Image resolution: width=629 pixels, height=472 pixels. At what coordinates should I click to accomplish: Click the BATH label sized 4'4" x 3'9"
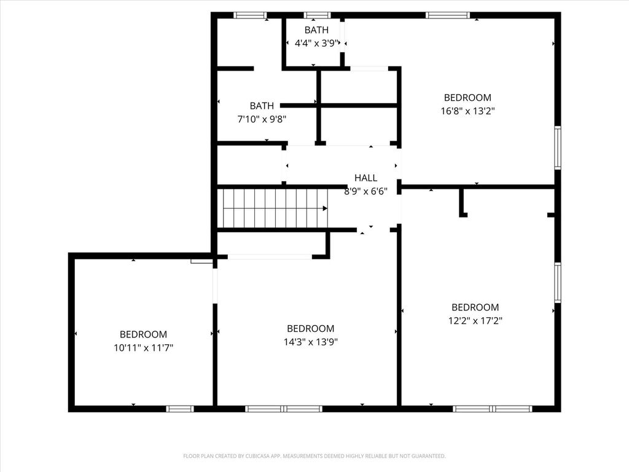coord(316,30)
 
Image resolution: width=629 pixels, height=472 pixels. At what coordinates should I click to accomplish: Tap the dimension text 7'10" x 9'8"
coord(262,119)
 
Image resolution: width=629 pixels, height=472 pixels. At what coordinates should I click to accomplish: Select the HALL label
coord(366,178)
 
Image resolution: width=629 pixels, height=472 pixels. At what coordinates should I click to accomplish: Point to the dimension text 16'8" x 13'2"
coord(467,111)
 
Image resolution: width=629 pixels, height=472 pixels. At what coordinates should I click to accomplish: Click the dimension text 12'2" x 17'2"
coord(475,321)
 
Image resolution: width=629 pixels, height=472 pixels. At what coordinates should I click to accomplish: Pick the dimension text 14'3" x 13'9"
coord(311,342)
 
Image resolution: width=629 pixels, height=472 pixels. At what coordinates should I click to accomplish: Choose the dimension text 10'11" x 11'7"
coord(143,348)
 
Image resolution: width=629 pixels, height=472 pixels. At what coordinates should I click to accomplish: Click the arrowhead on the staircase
coord(325,208)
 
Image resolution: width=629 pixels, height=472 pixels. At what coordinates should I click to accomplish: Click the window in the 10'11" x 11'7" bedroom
coord(180,409)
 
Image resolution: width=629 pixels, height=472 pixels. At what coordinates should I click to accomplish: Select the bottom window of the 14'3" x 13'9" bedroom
coord(284,409)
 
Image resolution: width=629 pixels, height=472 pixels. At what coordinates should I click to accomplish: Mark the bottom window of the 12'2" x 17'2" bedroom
coord(493,409)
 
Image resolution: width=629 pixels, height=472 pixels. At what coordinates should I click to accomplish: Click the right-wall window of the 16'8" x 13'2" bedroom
coord(558,147)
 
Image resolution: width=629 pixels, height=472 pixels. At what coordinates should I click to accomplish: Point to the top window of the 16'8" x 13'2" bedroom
coord(447,15)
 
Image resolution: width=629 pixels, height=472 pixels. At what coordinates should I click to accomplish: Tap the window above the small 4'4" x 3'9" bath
coord(318,15)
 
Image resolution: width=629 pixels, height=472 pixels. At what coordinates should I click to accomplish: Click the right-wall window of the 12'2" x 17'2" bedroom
coord(558,282)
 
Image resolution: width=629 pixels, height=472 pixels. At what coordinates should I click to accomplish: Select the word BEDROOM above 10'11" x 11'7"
coord(143,334)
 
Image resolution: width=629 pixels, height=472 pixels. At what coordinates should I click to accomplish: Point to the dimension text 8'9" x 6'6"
coord(366,192)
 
